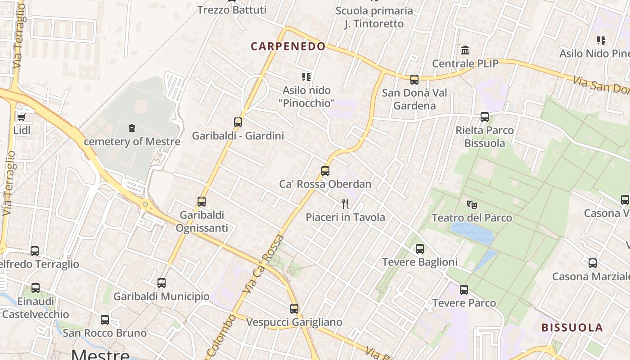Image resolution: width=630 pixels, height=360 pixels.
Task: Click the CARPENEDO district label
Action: coord(288,46)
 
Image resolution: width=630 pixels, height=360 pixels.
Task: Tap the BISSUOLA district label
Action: coord(572,327)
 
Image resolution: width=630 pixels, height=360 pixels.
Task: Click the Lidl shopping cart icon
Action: coord(21,117)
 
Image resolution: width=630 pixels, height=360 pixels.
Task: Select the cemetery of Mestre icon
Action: coord(132,128)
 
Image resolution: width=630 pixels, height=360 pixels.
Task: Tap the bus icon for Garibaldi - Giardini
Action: coord(238,122)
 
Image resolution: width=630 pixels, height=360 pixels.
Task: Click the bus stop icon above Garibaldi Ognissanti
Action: coord(202,202)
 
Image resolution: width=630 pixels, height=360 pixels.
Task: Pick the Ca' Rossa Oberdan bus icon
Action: coord(325,171)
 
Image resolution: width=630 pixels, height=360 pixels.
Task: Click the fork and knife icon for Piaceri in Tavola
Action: coord(345,204)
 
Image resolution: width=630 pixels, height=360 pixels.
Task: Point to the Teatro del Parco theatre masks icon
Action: coord(472,205)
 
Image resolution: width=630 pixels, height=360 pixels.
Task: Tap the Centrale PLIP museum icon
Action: coord(465,50)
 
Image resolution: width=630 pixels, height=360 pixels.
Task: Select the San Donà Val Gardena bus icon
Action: coord(414,80)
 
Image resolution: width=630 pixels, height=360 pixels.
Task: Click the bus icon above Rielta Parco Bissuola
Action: coord(485,117)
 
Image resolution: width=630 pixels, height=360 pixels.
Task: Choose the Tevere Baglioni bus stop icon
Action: coord(420,248)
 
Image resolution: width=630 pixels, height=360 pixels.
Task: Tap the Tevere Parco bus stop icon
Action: coord(464,290)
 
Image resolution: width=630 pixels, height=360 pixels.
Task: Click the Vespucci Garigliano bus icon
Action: coord(294,309)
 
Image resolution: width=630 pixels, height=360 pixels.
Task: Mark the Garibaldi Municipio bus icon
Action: coord(162,283)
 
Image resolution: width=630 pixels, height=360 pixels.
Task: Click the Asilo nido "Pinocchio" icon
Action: coord(306,77)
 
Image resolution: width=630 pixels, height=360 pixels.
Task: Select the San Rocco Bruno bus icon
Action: coord(105,320)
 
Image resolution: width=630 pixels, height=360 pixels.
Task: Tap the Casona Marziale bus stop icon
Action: coord(593,263)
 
